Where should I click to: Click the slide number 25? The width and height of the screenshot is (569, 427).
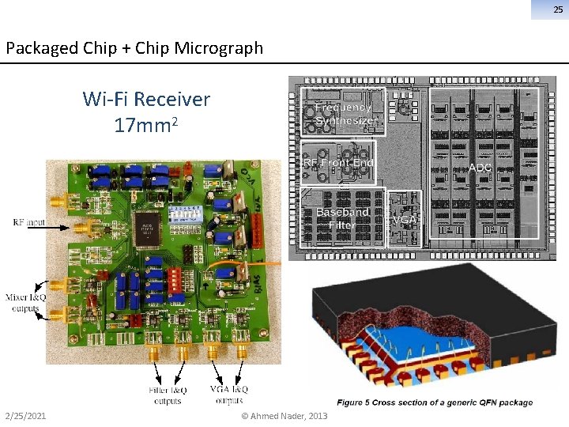[x=558, y=9]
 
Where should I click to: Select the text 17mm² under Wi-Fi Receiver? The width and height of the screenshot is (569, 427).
[x=146, y=125]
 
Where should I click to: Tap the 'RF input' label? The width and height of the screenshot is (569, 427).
[x=29, y=223]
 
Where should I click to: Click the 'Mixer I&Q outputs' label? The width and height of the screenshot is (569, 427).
[x=24, y=303]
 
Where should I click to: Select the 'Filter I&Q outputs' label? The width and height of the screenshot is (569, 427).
[x=168, y=395]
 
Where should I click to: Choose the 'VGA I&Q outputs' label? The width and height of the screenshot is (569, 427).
[x=229, y=395]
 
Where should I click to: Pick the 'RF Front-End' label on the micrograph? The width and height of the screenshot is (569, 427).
[x=340, y=162]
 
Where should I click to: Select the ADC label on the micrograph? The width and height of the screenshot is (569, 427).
[x=480, y=168]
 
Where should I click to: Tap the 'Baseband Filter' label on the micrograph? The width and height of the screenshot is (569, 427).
[x=342, y=218]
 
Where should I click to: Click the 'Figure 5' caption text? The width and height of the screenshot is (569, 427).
[x=435, y=402]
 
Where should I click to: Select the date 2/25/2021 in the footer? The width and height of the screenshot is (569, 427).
[x=24, y=416]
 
